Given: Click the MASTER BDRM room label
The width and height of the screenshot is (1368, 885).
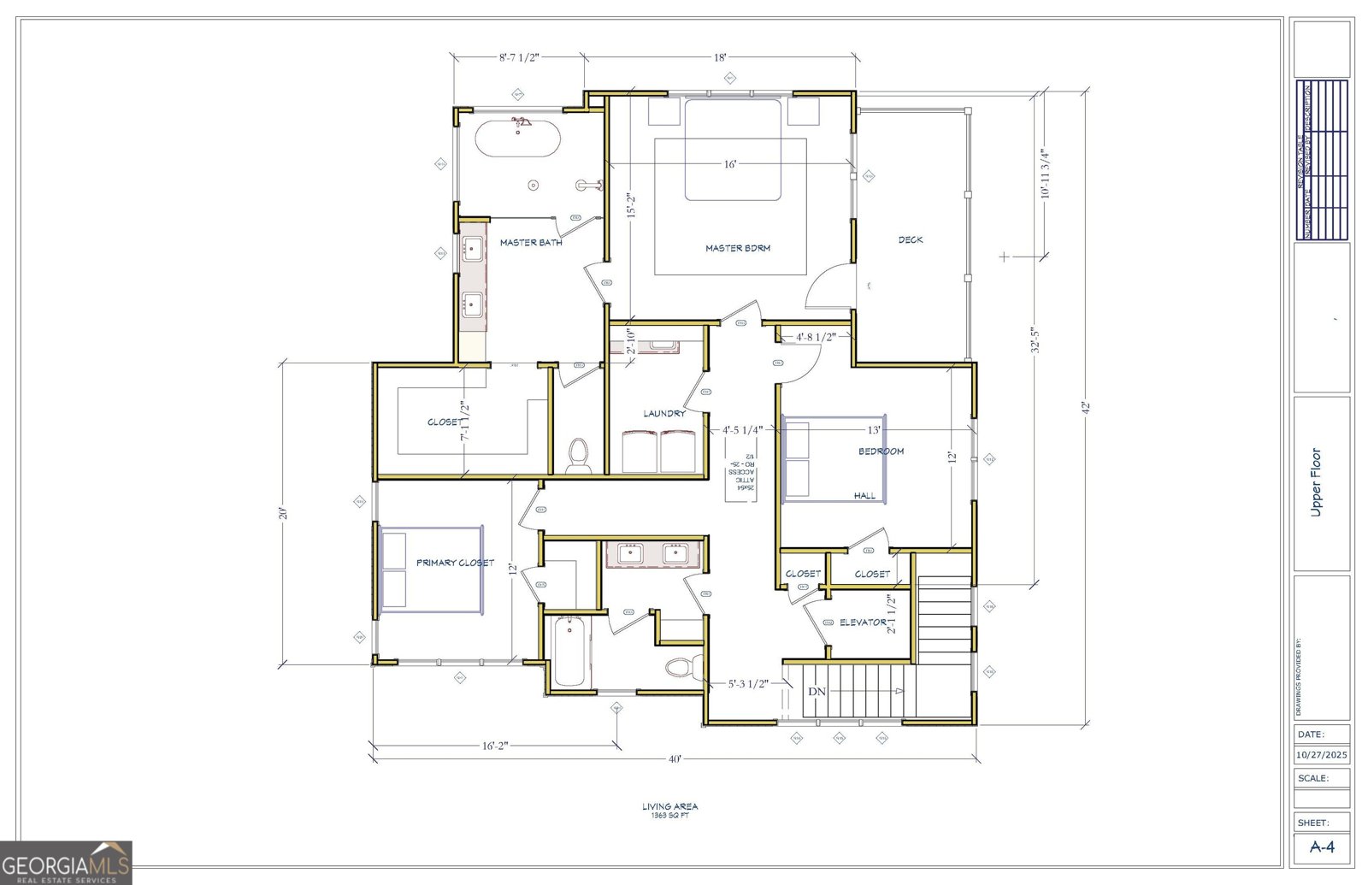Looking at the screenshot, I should [x=737, y=248].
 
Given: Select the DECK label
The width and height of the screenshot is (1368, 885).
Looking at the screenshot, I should [x=911, y=240].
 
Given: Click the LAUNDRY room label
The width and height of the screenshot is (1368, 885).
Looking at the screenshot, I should [x=664, y=414].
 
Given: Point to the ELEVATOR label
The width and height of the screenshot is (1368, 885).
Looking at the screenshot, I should [x=863, y=622].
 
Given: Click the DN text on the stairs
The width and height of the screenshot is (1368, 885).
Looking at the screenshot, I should [x=817, y=691].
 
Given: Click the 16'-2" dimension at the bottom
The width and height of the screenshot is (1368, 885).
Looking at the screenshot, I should [x=494, y=746].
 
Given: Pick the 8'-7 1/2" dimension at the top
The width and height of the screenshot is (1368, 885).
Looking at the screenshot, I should [x=519, y=57].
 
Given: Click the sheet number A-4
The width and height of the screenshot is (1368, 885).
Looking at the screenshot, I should [x=1322, y=847].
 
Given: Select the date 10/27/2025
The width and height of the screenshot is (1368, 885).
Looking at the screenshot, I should [x=1321, y=755].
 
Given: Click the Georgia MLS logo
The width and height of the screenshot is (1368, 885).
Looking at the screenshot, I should [x=66, y=863].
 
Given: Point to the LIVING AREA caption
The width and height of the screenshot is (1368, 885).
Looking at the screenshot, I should [x=669, y=806].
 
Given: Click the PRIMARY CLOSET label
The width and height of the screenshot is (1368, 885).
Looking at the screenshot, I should [x=455, y=563].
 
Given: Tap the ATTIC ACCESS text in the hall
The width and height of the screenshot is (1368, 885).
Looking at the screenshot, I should [x=741, y=475].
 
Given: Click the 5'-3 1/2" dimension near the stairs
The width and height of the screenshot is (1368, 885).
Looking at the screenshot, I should [x=748, y=684].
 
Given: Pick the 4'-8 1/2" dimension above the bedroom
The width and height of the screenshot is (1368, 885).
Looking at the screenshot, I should [x=815, y=337].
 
